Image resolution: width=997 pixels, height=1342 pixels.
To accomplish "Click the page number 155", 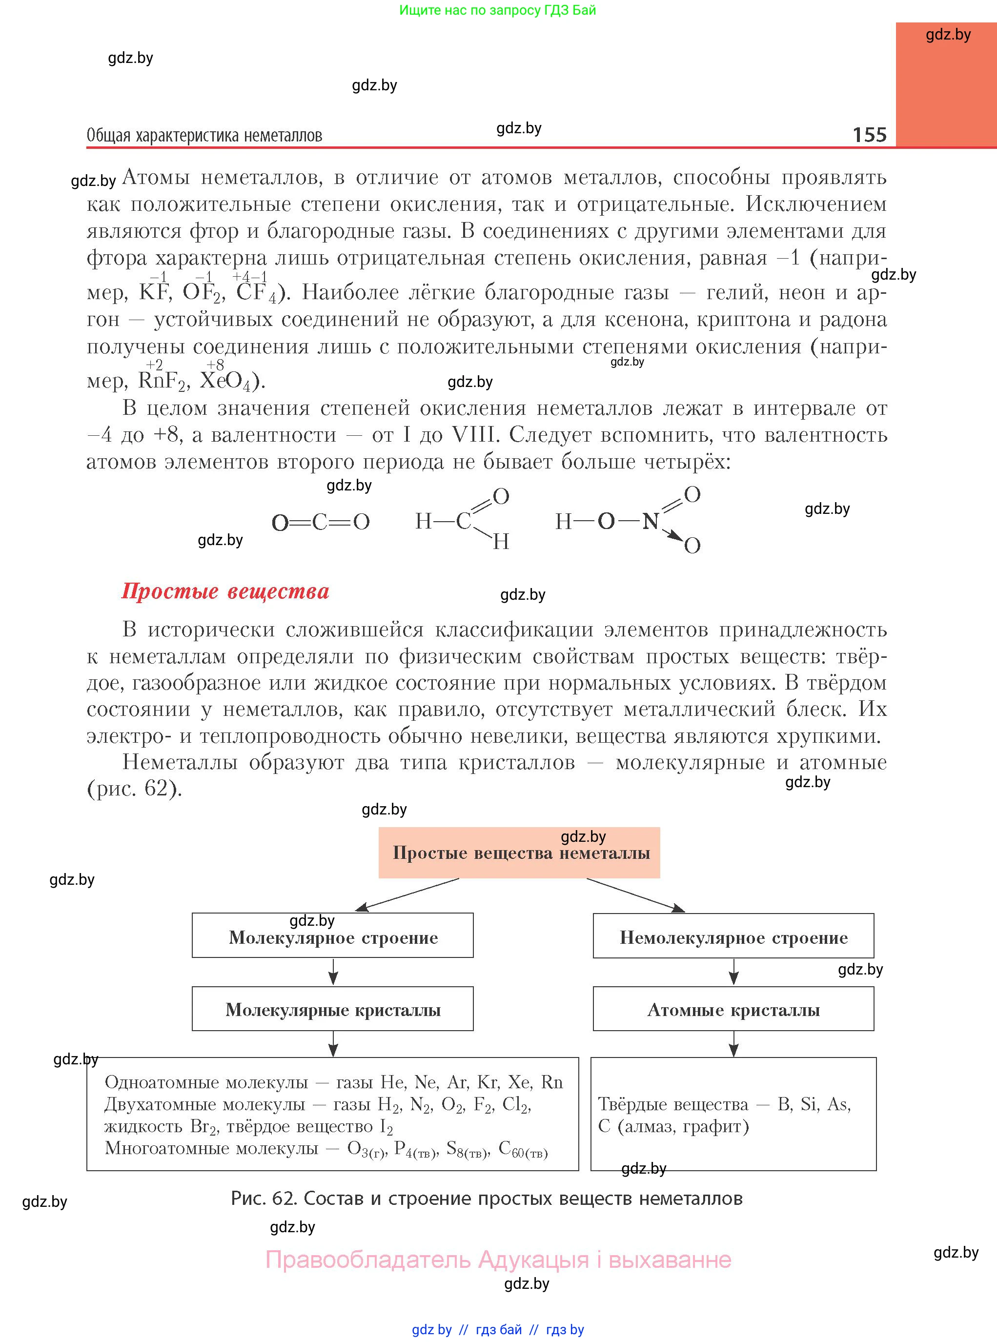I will [x=869, y=135].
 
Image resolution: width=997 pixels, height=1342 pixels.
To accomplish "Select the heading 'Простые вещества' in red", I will [x=225, y=591].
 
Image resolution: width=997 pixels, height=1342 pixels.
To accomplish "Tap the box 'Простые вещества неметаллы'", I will [x=519, y=853].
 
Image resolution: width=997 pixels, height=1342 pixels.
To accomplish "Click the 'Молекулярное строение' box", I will [x=332, y=936].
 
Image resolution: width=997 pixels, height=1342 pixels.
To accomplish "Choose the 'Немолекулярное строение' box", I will [x=733, y=936].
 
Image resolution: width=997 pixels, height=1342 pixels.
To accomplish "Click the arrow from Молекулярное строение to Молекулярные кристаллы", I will [x=333, y=972].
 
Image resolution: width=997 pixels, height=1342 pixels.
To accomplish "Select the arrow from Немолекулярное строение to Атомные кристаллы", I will [x=733, y=972].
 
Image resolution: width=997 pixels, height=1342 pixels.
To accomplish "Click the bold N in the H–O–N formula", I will [x=650, y=521].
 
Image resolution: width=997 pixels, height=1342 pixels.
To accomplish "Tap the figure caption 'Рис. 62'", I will [x=487, y=1198].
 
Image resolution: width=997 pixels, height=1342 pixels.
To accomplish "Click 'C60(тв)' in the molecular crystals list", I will [x=523, y=1149].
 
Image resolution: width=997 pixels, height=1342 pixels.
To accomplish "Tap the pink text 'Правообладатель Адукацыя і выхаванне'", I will [x=499, y=1260].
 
